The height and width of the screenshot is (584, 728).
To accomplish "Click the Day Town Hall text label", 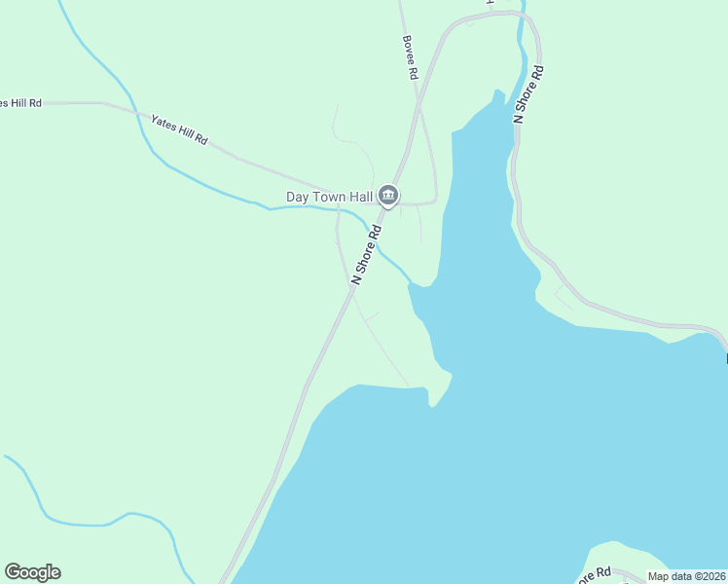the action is click(329, 197).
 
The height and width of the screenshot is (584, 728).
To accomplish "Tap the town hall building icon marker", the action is click(388, 197).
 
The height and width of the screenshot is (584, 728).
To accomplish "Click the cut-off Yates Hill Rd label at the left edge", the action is click(20, 102).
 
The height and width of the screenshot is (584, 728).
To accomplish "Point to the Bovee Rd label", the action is click(410, 58).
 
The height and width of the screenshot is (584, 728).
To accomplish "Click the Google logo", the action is click(32, 572).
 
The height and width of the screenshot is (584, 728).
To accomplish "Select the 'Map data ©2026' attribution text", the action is click(686, 576).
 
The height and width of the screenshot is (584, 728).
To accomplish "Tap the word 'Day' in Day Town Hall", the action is click(297, 197).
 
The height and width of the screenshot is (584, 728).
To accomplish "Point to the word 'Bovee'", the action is click(409, 51).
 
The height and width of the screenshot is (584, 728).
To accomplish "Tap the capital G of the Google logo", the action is click(12, 572).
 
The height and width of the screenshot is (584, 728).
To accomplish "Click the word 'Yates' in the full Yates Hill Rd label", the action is click(163, 123).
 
